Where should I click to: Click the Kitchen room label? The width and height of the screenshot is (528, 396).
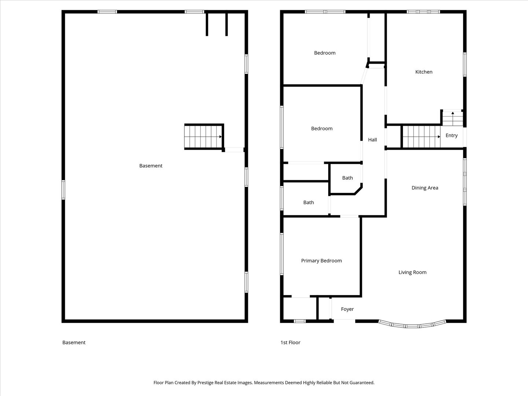[x=423, y=72]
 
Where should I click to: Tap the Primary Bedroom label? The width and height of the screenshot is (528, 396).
[x=321, y=261]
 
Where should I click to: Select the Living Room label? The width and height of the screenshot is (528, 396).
[x=412, y=272]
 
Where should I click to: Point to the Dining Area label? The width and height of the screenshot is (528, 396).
[x=425, y=188]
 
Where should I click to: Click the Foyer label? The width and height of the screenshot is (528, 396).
[x=347, y=309]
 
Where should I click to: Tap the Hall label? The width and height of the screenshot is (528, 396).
[x=373, y=140]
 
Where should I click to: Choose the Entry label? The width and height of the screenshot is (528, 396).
[x=451, y=136]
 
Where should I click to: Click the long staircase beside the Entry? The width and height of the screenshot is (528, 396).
[x=421, y=136]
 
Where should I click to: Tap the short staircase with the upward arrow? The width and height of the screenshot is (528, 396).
[x=453, y=118]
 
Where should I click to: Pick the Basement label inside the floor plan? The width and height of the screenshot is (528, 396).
[x=151, y=166]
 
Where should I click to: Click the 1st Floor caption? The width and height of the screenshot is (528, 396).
[x=290, y=342]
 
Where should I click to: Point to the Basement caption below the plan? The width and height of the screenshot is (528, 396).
[x=74, y=342]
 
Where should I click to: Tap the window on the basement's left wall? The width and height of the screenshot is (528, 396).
[x=63, y=190]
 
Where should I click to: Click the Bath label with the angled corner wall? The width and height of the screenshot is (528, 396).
[x=347, y=178]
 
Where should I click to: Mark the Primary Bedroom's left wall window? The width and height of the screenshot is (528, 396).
[x=282, y=254]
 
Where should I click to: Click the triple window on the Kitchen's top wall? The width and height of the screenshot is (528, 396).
[x=423, y=11]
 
